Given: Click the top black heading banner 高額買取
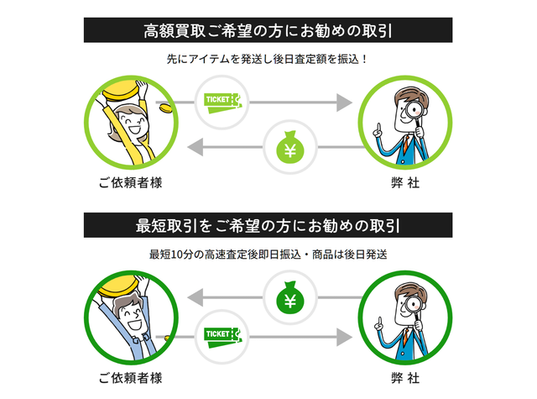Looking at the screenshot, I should point(268,31).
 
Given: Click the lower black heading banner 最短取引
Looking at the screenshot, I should point(268,225).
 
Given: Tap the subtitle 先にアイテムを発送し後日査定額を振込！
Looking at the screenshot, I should point(268,60).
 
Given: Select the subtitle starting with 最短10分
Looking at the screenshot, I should point(268,254).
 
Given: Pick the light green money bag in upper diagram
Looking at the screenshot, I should point(292,150).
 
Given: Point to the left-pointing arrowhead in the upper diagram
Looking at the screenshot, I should point(194,150).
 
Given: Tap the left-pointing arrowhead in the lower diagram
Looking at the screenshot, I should point(194,297).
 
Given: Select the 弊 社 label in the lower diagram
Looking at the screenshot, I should point(407,376).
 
